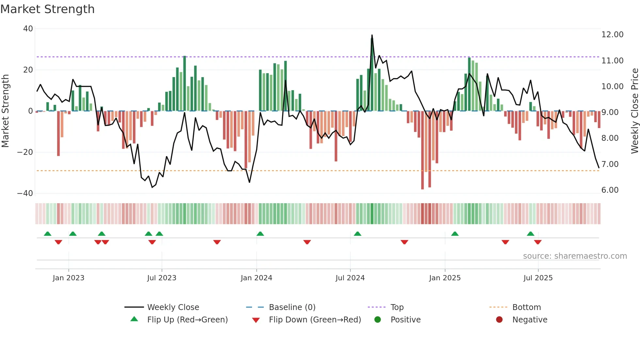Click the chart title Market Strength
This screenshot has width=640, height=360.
tap(47, 9)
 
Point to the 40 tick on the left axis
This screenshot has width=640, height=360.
tap(28, 29)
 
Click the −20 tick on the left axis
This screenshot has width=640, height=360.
tap(25, 152)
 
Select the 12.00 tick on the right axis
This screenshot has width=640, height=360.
tap(612, 35)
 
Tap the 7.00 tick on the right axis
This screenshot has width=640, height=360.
tap(610, 164)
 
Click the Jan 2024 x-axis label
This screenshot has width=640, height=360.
tap(256, 278)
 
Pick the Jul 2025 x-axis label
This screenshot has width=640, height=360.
tap(538, 278)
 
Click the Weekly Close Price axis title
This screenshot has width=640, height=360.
tap(634, 111)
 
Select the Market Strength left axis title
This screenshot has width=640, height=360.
tap(6, 111)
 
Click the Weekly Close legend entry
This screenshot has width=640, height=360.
tap(173, 307)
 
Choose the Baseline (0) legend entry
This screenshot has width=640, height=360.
tap(292, 307)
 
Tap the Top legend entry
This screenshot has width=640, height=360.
tap(397, 307)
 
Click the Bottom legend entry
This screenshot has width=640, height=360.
tap(526, 307)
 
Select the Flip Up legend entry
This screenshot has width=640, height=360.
tap(187, 320)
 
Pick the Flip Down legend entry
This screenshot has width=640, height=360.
tap(314, 320)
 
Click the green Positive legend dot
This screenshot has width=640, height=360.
tap(377, 320)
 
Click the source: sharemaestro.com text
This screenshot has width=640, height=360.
tap(575, 256)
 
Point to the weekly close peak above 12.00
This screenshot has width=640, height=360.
tap(372, 35)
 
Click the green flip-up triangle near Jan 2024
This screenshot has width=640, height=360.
tap(260, 234)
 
